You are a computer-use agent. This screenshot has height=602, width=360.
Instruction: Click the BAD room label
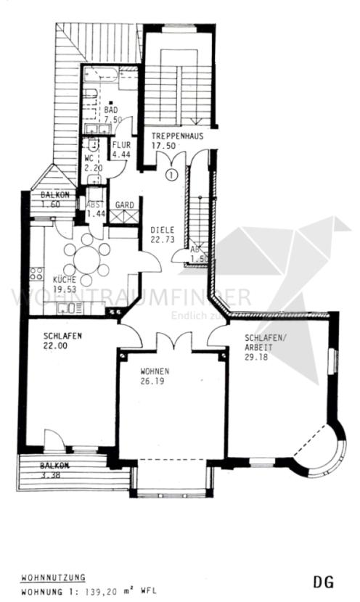click(112, 110)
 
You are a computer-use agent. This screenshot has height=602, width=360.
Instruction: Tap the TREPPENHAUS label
click(177, 136)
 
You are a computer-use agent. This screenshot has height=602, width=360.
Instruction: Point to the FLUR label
click(121, 144)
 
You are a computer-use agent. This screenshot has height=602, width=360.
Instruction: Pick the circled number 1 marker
click(171, 174)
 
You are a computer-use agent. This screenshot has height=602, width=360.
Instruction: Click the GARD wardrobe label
click(124, 205)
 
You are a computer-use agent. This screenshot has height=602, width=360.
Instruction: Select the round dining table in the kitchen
click(86, 259)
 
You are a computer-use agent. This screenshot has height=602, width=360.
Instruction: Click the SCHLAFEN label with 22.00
click(62, 337)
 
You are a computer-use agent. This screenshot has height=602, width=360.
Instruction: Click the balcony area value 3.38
click(50, 476)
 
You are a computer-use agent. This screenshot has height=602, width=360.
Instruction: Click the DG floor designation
click(323, 582)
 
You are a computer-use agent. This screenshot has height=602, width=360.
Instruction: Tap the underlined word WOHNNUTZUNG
click(53, 578)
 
